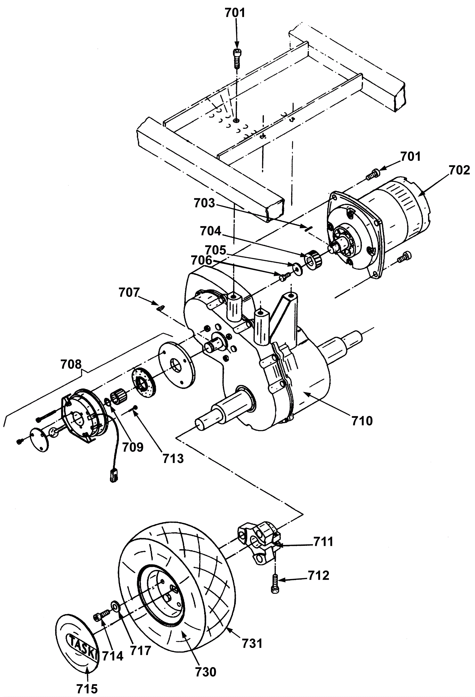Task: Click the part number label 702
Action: pos(459,170)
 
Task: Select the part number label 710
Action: pos(362,421)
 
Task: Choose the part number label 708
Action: pos(71,365)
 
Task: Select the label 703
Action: pos(205,203)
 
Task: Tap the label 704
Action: pos(210,231)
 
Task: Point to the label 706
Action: pos(202,260)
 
